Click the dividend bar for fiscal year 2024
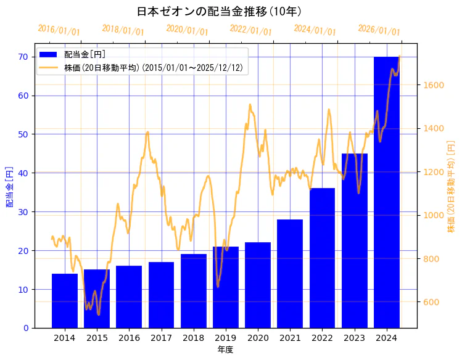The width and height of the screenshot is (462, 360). [x=386, y=192]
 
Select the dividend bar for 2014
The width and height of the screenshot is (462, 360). [x=65, y=301]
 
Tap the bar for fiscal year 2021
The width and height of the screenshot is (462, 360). [x=290, y=274]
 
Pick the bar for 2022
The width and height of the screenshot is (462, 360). [x=322, y=258]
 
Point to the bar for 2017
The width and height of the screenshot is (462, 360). [x=161, y=295]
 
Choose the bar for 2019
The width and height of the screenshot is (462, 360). [x=226, y=287]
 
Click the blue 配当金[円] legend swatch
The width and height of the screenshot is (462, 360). [x=49, y=54]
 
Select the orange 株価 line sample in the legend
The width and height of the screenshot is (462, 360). [x=49, y=67]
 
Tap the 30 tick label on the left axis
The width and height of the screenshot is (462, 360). [x=23, y=211]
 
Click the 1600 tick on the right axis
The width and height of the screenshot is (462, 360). [x=432, y=85]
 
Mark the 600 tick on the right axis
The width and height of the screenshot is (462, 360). [x=430, y=302]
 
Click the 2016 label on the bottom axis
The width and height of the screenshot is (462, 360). [x=129, y=338]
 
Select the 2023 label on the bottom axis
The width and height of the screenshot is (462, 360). [x=354, y=338]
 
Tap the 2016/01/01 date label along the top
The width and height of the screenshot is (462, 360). [x=59, y=30]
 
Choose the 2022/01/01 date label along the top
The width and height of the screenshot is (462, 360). [x=250, y=30]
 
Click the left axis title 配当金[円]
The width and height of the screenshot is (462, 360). [x=9, y=186]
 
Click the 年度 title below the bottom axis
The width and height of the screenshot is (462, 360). [x=225, y=350]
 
